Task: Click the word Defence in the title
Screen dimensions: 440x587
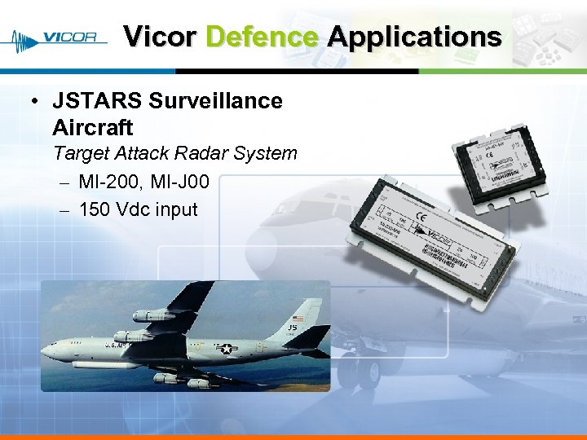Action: coord(262,37)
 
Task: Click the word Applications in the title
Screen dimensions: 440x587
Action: coord(414,37)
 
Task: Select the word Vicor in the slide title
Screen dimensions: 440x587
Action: coord(159,37)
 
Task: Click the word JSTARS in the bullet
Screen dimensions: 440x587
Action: coord(97,101)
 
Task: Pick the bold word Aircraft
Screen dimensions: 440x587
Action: coord(92,128)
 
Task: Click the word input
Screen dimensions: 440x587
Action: coord(176,209)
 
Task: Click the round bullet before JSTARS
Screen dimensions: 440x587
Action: coord(33,102)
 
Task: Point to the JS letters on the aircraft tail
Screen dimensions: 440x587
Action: coord(291,329)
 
